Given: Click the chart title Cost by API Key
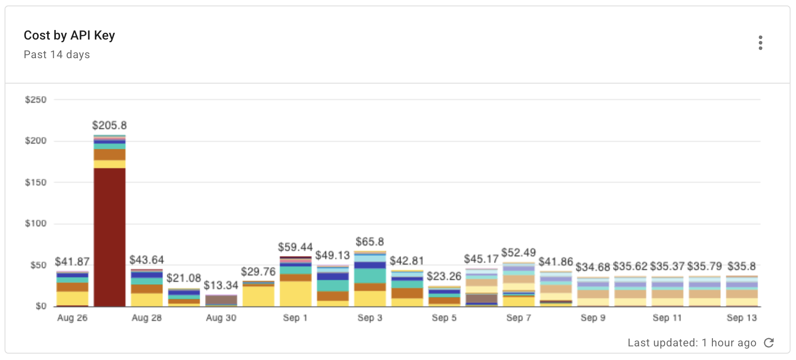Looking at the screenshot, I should (x=69, y=35).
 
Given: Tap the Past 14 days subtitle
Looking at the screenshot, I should (x=57, y=55).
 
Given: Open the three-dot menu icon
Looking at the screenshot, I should (x=760, y=43).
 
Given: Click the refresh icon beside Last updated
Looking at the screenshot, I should (x=769, y=343).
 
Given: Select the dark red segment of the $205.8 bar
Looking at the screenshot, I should (x=109, y=236).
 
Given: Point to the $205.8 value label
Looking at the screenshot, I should (x=109, y=125).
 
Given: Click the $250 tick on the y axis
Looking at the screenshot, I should (x=36, y=100).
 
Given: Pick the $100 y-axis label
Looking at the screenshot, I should (x=36, y=224).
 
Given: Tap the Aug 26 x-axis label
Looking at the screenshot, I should (x=72, y=318).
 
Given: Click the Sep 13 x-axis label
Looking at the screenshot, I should (x=741, y=318).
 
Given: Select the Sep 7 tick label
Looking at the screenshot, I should (x=518, y=318).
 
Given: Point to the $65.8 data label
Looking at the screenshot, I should (x=370, y=241).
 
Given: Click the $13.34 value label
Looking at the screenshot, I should (x=221, y=285).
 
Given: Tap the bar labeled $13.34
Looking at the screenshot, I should (x=221, y=300).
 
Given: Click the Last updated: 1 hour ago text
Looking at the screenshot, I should (x=692, y=343).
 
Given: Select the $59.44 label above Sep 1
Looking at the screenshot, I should (x=295, y=247).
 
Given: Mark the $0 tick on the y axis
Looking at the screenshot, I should (x=41, y=306).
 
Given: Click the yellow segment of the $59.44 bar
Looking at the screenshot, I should (x=296, y=294).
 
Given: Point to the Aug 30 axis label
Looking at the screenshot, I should (x=221, y=318).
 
